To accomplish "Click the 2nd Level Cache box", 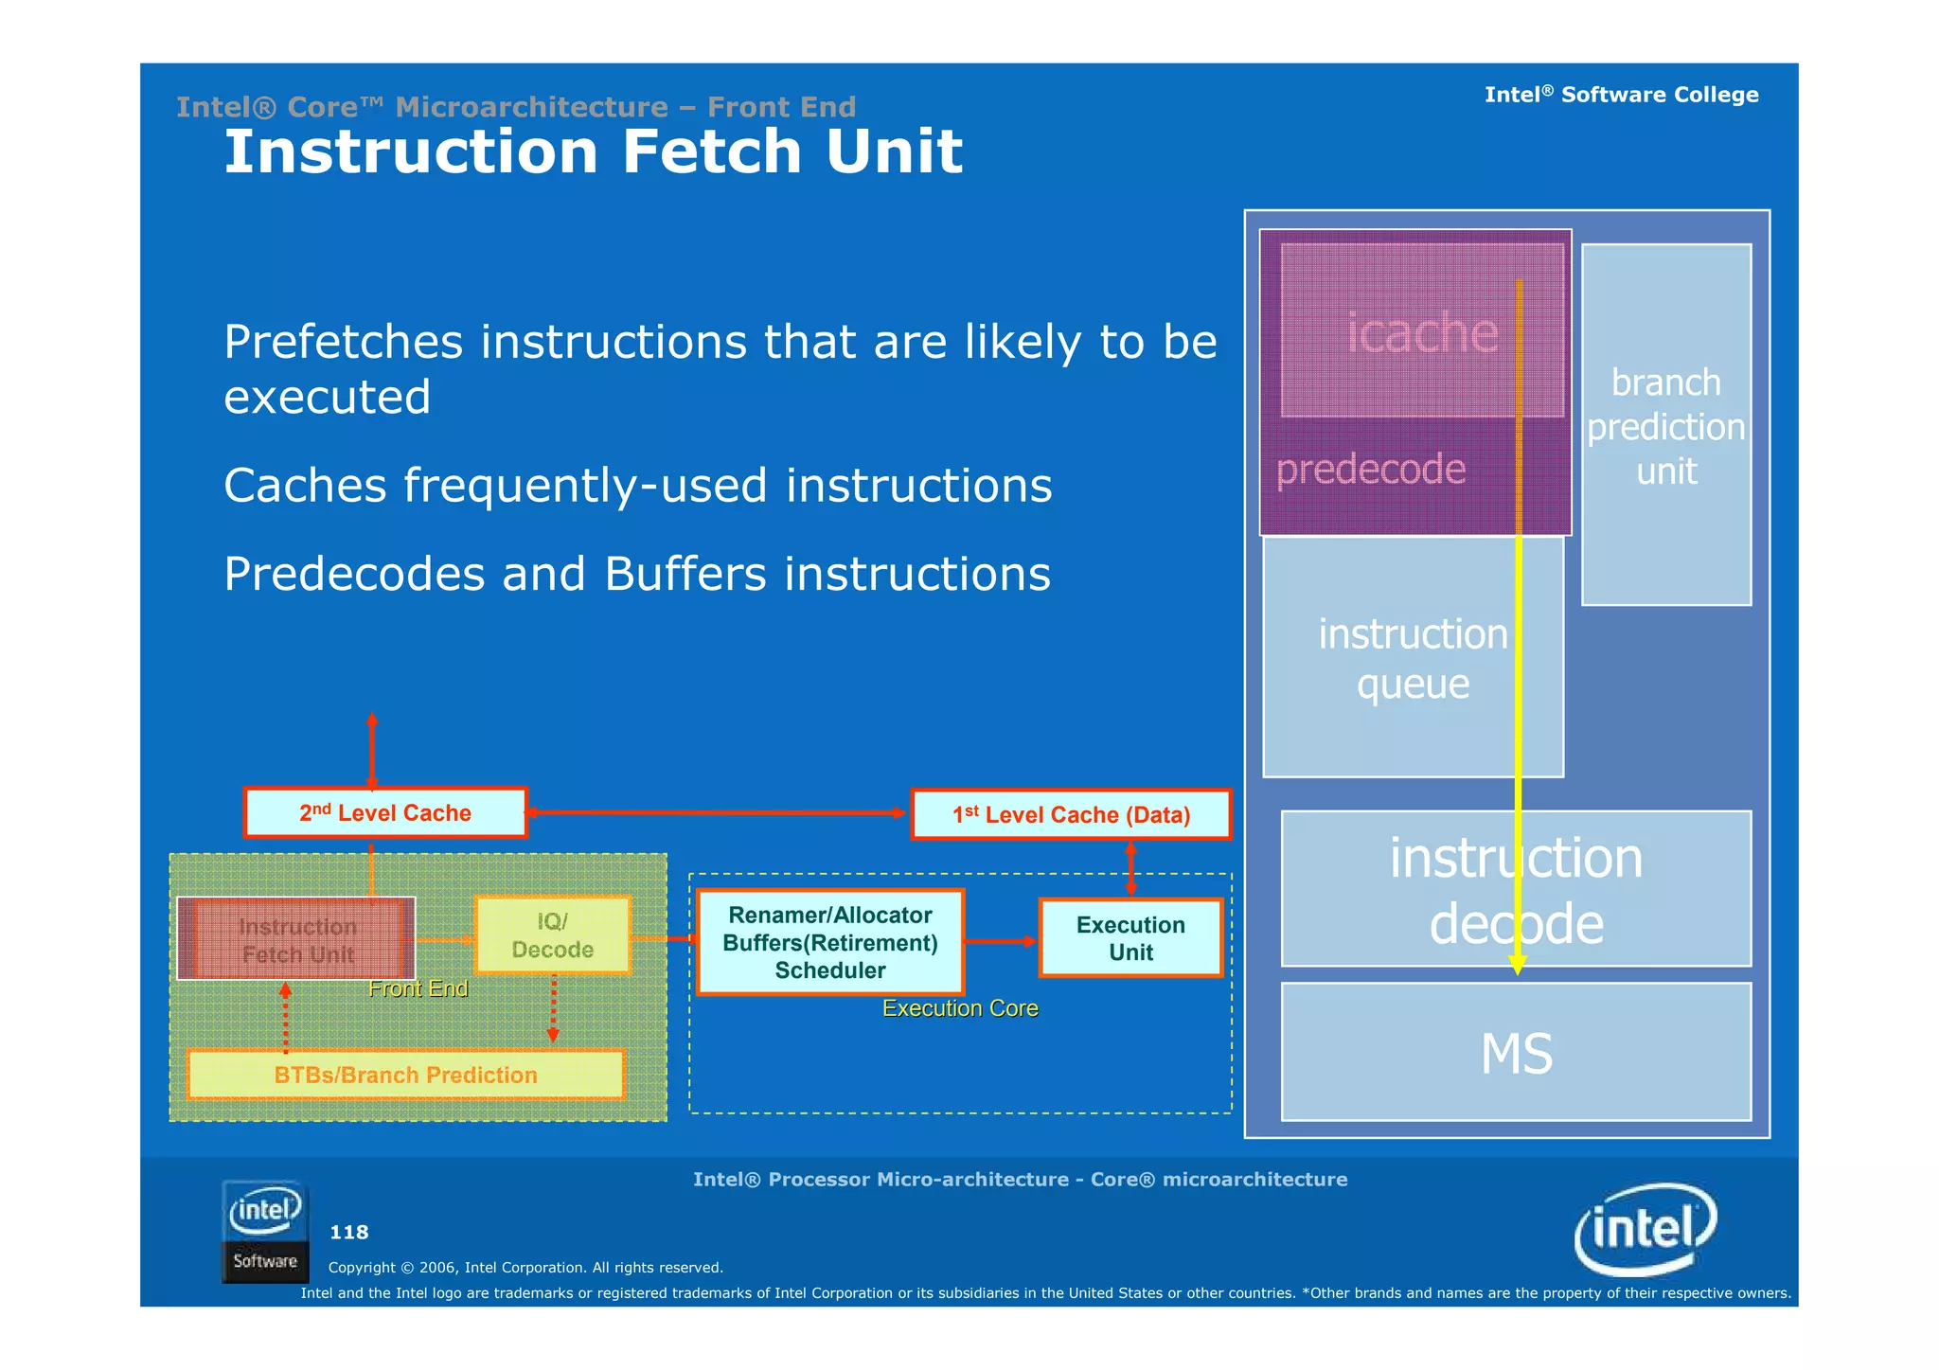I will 384,812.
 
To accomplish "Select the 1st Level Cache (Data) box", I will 1071,814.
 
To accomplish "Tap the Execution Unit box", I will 1130,937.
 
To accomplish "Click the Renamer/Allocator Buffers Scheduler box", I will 829,942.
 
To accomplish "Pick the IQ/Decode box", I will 552,935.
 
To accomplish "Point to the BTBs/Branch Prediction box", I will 405,1075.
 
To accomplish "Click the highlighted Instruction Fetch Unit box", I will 296,939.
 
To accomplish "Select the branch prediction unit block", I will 1665,426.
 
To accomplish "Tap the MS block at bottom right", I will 1516,1053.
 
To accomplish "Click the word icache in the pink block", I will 1422,332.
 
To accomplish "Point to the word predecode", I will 1370,469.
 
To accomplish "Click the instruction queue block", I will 1412,658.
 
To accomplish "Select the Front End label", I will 418,988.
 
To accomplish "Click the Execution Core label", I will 960,1008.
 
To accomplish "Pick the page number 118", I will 348,1232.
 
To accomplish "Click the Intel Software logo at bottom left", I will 265,1232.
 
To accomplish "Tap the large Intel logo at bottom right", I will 1645,1229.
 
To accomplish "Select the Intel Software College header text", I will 1621,95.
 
